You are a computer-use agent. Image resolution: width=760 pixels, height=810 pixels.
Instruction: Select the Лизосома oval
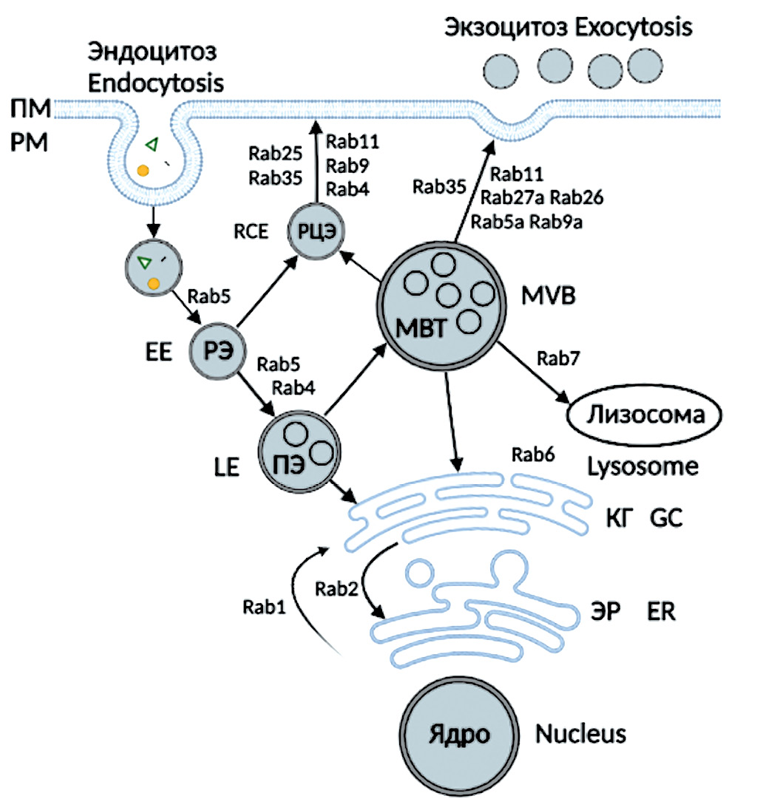pyautogui.click(x=644, y=415)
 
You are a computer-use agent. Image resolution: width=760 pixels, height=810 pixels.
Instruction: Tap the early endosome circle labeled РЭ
pyautogui.click(x=217, y=352)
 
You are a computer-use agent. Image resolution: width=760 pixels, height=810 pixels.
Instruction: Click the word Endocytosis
pyautogui.click(x=155, y=81)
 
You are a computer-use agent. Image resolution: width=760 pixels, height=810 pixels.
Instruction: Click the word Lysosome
pyautogui.click(x=642, y=466)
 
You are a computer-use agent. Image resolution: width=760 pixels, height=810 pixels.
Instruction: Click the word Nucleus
pyautogui.click(x=580, y=735)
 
